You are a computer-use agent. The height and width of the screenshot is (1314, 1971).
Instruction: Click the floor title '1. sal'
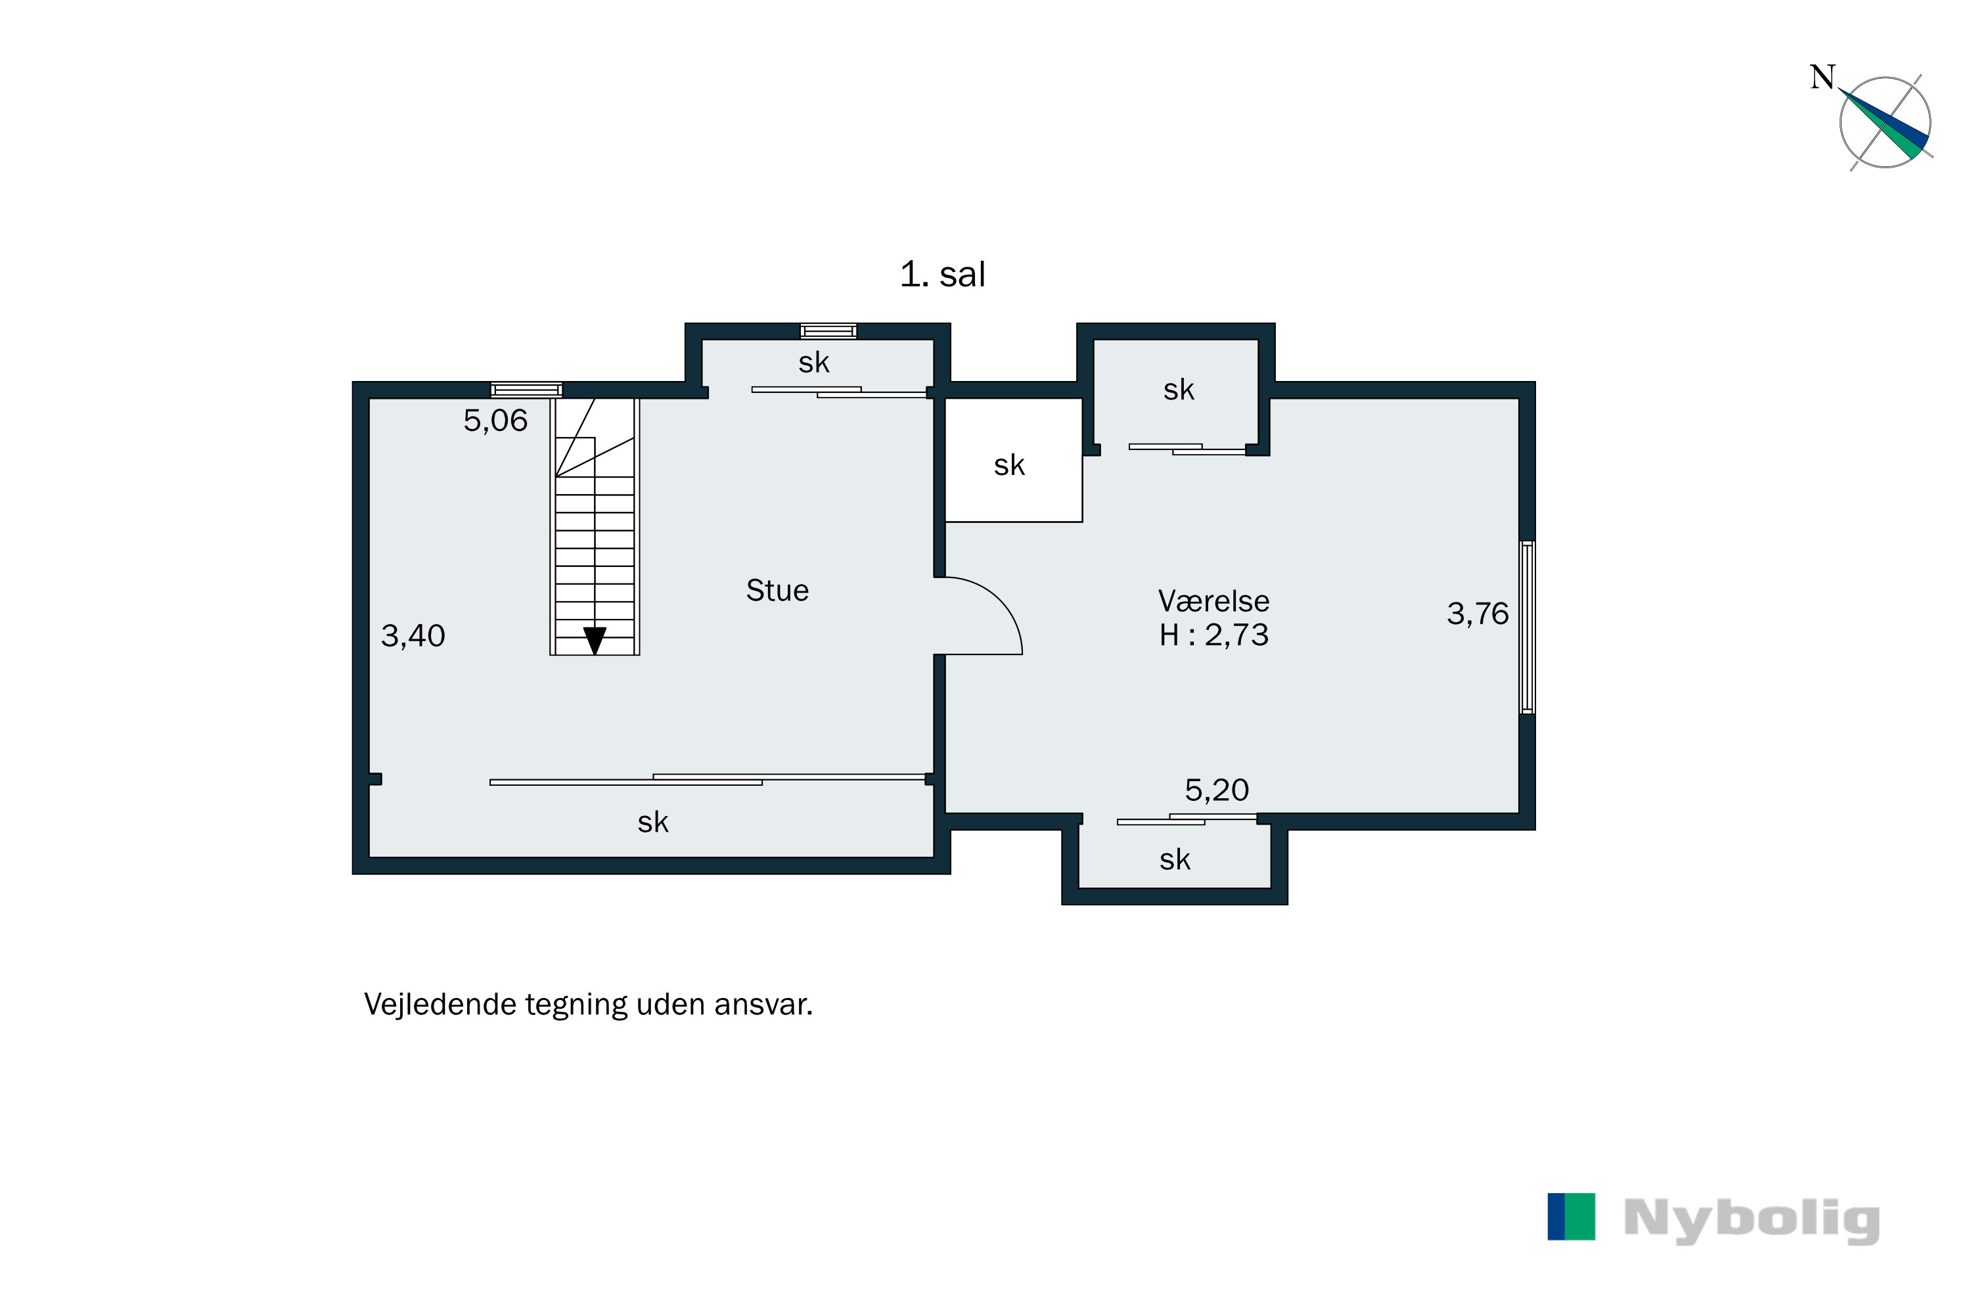[942, 275]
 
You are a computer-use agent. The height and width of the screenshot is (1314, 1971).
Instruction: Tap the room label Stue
[777, 591]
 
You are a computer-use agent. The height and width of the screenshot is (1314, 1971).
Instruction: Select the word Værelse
[1213, 601]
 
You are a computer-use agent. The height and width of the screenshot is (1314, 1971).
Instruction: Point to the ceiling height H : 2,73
[1213, 636]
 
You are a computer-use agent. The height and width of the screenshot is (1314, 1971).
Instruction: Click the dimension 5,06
[495, 420]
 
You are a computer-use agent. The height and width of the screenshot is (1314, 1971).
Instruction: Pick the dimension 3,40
[413, 636]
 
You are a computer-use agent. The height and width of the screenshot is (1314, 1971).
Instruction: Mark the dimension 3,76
[1476, 614]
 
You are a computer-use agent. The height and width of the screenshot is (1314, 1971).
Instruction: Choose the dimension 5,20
[1216, 790]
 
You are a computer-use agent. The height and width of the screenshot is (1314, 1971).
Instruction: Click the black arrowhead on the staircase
[594, 640]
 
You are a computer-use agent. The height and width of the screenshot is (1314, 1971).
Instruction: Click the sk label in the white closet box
[1009, 466]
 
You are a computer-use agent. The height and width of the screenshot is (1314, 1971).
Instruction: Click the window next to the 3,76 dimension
[1527, 627]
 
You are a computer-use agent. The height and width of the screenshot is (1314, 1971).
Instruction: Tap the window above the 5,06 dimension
[526, 390]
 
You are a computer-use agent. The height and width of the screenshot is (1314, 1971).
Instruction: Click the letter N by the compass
[1822, 78]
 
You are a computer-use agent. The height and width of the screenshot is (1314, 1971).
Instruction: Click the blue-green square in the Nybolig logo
[1570, 1217]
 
